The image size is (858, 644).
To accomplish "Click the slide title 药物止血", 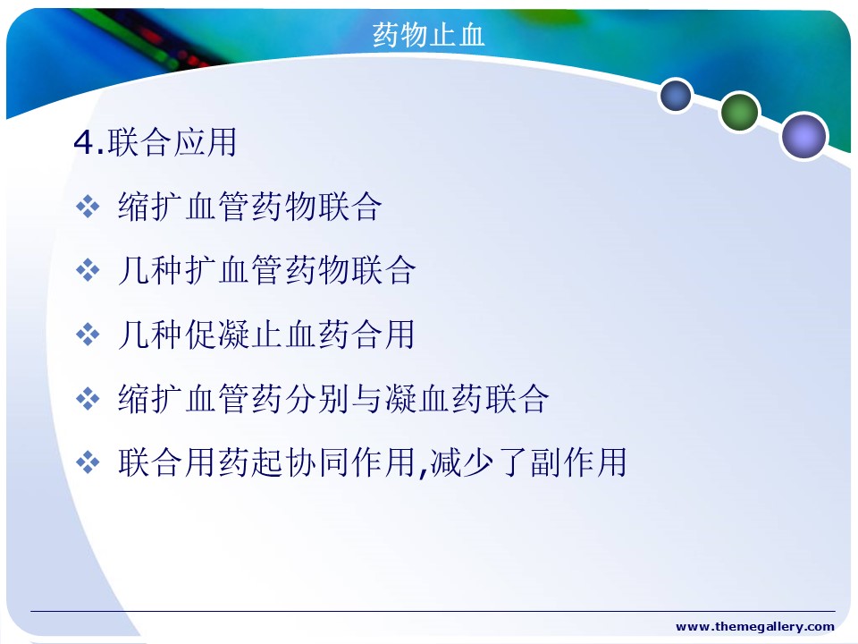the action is pyautogui.click(x=428, y=35).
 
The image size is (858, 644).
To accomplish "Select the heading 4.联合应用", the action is pyautogui.click(x=156, y=142).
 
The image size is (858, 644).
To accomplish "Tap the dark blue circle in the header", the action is pyautogui.click(x=676, y=95).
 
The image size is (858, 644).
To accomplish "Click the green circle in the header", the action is pyautogui.click(x=739, y=112).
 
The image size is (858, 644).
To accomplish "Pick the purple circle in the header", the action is pyautogui.click(x=803, y=136).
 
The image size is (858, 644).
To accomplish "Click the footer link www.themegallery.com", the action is pyautogui.click(x=755, y=626).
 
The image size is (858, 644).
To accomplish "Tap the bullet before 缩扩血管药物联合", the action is pyautogui.click(x=88, y=207).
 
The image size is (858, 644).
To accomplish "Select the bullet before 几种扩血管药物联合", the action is pyautogui.click(x=88, y=270).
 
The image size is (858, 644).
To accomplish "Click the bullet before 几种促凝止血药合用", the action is pyautogui.click(x=88, y=335).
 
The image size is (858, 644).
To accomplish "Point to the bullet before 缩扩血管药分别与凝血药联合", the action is pyautogui.click(x=88, y=399).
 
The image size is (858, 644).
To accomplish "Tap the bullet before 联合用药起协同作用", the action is pyautogui.click(x=88, y=462).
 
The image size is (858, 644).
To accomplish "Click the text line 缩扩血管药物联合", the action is pyautogui.click(x=250, y=207).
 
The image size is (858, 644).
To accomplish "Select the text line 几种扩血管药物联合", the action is pyautogui.click(x=267, y=270).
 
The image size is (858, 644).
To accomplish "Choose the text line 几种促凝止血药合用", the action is pyautogui.click(x=266, y=334).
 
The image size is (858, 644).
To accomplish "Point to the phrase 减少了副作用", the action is pyautogui.click(x=528, y=462).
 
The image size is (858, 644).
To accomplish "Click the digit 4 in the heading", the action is pyautogui.click(x=84, y=143).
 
